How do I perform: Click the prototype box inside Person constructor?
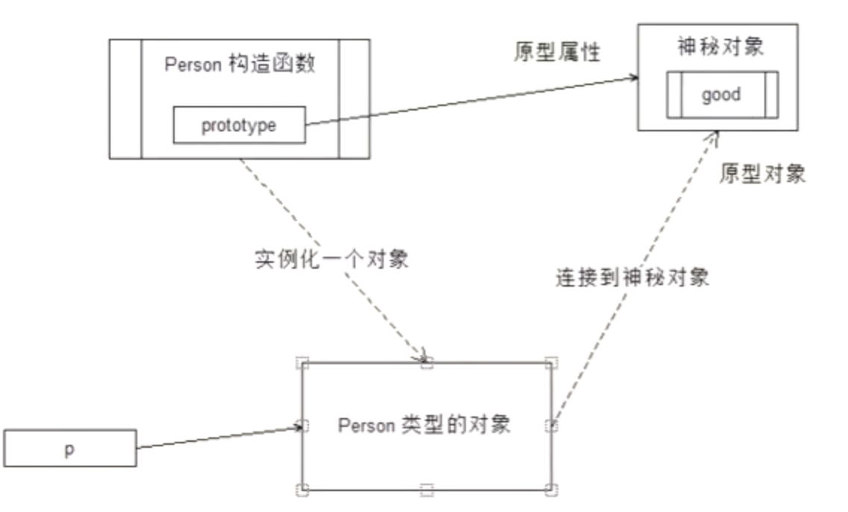239,125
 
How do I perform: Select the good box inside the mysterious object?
721,95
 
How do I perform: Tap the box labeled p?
69,448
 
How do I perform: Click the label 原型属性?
557,52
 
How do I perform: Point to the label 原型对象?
762,175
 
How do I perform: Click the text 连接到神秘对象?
632,278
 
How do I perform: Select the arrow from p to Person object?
216,437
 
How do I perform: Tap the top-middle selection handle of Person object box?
426,363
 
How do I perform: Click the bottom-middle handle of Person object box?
426,490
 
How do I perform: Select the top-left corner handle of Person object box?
302,363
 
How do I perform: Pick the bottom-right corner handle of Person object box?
551,490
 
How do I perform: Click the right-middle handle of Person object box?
551,426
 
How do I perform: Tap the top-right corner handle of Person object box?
551,363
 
